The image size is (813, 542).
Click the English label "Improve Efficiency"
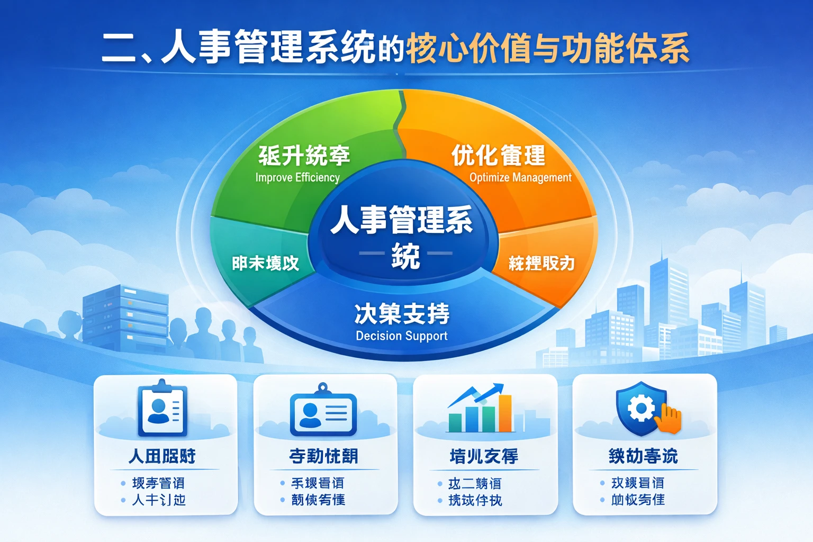297,177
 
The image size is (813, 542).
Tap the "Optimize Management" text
520,177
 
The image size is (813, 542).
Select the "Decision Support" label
402,336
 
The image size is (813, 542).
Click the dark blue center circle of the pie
402,233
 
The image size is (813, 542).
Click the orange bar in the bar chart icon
505,414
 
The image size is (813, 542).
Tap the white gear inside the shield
641,408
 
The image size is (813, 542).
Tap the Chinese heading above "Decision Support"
402,313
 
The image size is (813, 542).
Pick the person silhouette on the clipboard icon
158,411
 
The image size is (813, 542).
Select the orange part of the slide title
548,48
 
